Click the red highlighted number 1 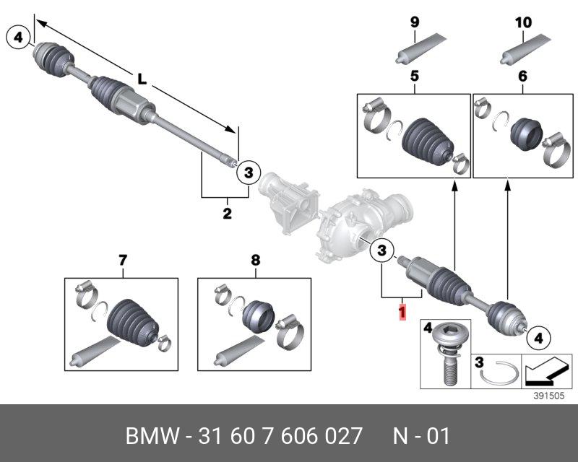(x=402, y=313)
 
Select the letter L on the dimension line (x=142, y=80)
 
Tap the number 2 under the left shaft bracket (x=227, y=213)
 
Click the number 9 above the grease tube (x=415, y=22)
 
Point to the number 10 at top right (x=523, y=22)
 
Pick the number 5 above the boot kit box (x=415, y=76)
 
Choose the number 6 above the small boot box (x=523, y=76)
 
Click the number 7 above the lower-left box (x=122, y=260)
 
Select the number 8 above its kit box (x=255, y=260)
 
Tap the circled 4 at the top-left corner (x=18, y=35)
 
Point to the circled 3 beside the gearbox (x=383, y=251)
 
